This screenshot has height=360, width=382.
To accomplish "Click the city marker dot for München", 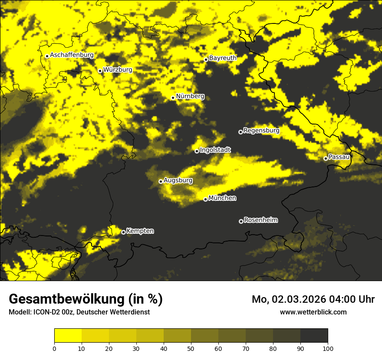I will [x=205, y=199].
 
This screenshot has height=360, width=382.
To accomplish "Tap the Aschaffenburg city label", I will [x=72, y=55].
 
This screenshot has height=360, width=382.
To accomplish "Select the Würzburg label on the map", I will [x=118, y=69].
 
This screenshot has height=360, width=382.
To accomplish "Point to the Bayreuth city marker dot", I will [x=206, y=59].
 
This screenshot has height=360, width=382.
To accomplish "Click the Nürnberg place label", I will [x=190, y=96].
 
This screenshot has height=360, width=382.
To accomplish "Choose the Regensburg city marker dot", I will [x=240, y=132].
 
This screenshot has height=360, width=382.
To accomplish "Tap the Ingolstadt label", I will [x=215, y=150].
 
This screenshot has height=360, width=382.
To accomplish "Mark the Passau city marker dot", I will [x=326, y=158].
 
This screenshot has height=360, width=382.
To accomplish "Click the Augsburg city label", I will [x=178, y=180].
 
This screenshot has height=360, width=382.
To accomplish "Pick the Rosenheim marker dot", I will [x=241, y=221].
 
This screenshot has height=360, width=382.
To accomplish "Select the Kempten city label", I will [x=140, y=231].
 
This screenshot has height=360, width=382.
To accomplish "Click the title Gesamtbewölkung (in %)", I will [x=86, y=299].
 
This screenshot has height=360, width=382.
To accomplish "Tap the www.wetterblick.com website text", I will [x=313, y=312].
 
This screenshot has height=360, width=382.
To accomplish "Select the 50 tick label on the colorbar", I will [x=191, y=348].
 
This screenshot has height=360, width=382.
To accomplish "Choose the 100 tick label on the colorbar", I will [x=327, y=348].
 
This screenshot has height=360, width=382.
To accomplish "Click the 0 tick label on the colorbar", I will [x=54, y=348].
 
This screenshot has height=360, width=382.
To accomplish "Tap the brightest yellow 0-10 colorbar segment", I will [x=68, y=336].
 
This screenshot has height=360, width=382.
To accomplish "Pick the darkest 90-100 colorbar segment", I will [x=314, y=336].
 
